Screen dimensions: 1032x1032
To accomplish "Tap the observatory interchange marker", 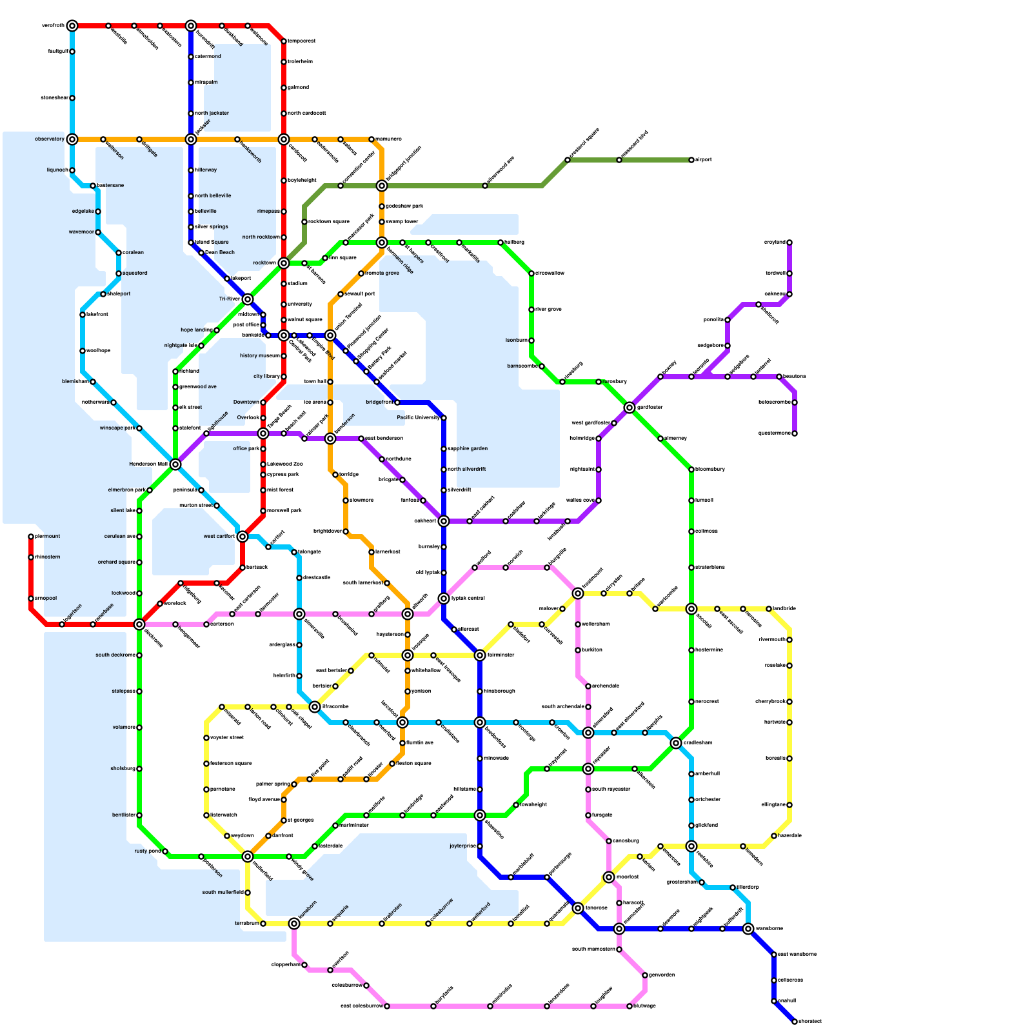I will click(x=72, y=139).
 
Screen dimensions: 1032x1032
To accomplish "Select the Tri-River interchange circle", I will click(x=248, y=299).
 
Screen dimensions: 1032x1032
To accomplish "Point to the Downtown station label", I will click(x=246, y=402).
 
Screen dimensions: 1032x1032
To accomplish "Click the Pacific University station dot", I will click(x=444, y=418).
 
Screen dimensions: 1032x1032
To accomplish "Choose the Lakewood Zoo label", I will click(x=284, y=464).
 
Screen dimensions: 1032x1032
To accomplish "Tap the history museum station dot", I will click(x=284, y=356).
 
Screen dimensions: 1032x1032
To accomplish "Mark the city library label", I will click(x=266, y=377).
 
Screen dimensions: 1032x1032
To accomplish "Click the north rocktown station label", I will click(x=261, y=237).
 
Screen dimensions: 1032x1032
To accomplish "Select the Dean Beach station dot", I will click(x=201, y=253).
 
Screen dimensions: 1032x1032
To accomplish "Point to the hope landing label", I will click(x=196, y=330).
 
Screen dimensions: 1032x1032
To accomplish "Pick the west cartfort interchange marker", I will click(x=243, y=537).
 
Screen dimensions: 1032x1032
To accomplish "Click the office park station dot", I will click(x=263, y=449).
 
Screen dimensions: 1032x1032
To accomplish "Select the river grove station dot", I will click(x=531, y=310).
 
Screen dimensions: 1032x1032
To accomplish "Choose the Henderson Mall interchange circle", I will click(x=175, y=464).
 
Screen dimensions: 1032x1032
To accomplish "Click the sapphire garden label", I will click(x=468, y=449).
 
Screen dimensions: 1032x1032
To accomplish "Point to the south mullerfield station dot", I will click(x=248, y=893).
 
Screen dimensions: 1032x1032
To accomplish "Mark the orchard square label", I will click(x=116, y=562).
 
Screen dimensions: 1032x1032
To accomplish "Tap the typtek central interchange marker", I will click(x=444, y=599).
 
